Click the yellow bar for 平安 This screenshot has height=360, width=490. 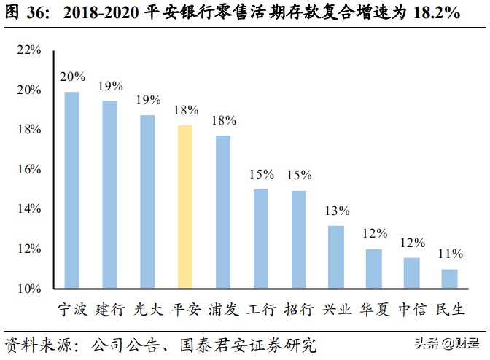(185, 207)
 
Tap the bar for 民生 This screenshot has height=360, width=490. (449, 279)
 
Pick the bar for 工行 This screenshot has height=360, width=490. (261, 239)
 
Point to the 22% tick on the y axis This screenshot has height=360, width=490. (29, 50)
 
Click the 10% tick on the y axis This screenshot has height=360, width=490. (29, 289)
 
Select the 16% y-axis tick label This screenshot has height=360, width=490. (29, 170)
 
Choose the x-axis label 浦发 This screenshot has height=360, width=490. (223, 310)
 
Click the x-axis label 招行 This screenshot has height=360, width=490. (299, 310)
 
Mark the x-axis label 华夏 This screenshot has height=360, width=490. (374, 310)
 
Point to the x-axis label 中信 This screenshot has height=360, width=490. (412, 310)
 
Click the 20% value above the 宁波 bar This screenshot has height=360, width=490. (72, 77)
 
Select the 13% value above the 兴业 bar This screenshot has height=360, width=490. (336, 211)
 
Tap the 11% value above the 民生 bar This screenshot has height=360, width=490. (450, 254)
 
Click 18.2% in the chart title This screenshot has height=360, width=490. (434, 14)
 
